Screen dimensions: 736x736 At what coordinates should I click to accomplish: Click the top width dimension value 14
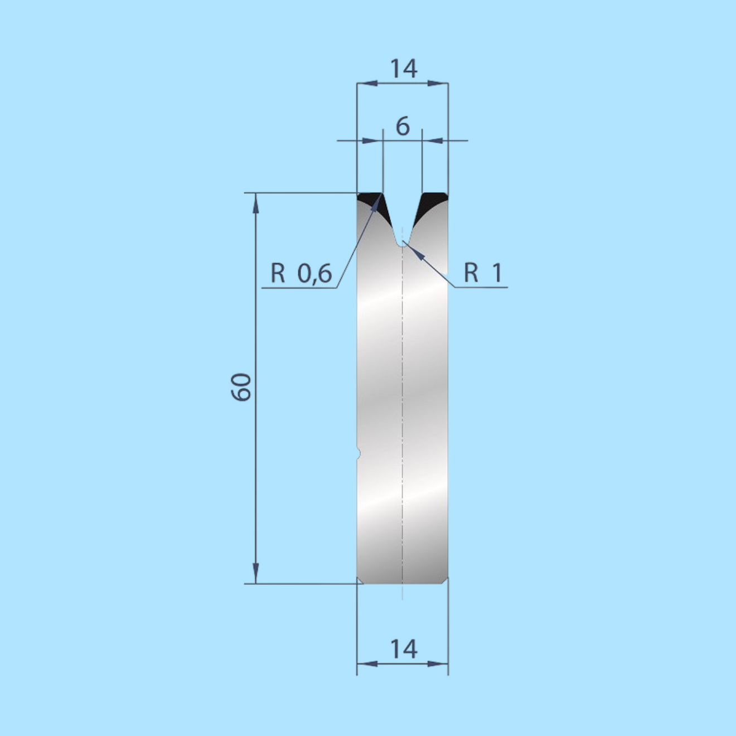point(403,69)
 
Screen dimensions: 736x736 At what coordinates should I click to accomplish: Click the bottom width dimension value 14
point(403,649)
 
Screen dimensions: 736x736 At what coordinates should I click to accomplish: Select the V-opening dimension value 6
point(403,127)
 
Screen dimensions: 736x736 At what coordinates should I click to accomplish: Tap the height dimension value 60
point(241,388)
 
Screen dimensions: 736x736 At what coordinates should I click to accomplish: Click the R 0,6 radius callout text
point(301,273)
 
